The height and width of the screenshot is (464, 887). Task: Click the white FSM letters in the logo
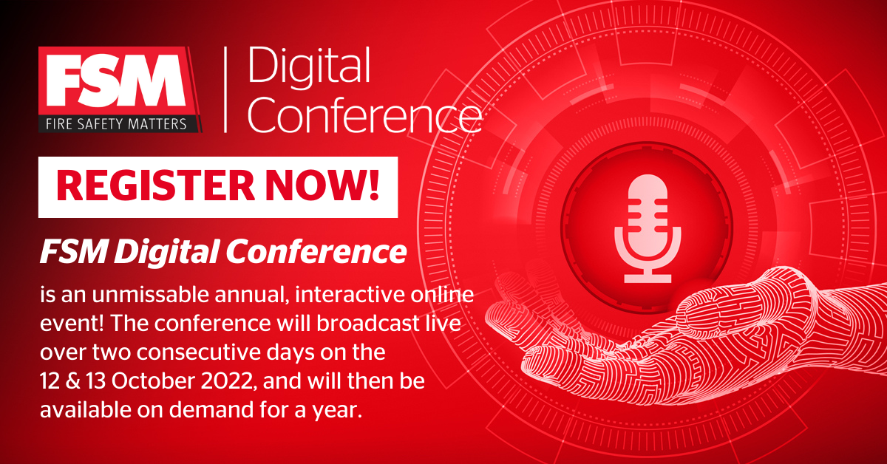pyautogui.click(x=115, y=81)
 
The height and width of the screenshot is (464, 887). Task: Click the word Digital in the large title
pyautogui.click(x=309, y=68)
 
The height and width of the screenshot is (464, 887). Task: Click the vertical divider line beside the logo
pyautogui.click(x=225, y=89)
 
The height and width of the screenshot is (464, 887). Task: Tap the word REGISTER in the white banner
pyautogui.click(x=155, y=186)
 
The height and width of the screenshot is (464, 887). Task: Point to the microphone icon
pyautogui.click(x=648, y=228)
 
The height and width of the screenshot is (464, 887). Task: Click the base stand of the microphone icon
pyautogui.click(x=648, y=278)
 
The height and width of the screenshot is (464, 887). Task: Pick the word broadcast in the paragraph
pyautogui.click(x=367, y=324)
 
